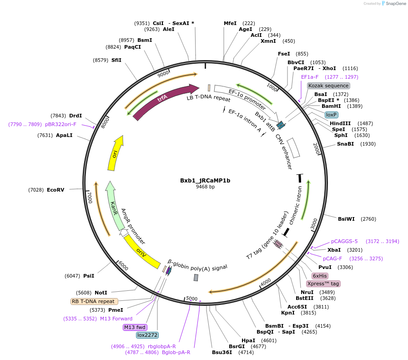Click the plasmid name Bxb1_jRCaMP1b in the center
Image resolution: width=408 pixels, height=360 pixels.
(205, 180)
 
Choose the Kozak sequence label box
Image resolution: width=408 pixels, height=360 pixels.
(328, 86)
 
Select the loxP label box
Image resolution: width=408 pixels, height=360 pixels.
(331, 115)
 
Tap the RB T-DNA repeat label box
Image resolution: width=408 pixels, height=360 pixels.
(94, 301)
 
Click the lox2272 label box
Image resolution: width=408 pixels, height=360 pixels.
(147, 335)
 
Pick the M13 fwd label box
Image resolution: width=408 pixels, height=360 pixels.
(135, 327)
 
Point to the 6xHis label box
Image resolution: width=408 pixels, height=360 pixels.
(320, 276)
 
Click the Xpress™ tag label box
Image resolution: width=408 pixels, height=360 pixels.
(323, 284)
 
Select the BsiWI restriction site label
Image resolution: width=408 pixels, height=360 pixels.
(347, 219)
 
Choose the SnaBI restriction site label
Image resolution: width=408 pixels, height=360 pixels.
(345, 144)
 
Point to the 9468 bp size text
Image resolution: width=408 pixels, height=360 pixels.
(205, 187)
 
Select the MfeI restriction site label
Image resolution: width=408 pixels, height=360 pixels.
(230, 23)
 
